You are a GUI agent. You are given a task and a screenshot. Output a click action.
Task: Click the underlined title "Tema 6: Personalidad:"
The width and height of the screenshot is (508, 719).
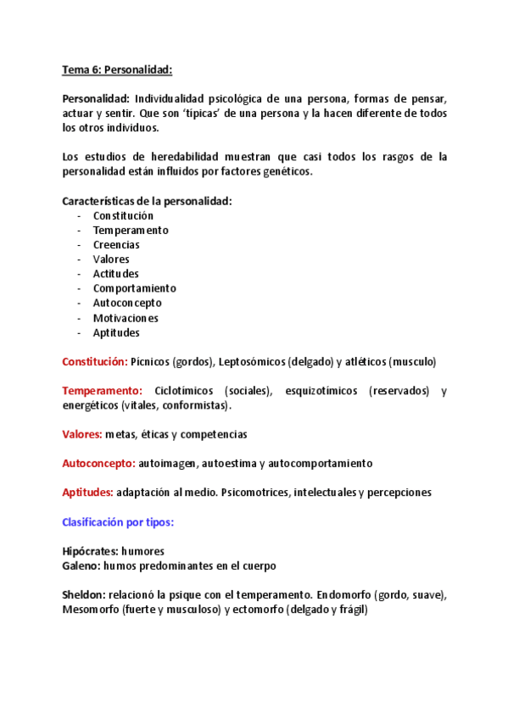point(117,70)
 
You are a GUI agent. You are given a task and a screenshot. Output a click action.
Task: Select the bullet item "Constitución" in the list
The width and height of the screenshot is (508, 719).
point(123,215)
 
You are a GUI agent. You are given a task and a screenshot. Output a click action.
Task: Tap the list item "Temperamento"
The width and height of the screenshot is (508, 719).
point(131,230)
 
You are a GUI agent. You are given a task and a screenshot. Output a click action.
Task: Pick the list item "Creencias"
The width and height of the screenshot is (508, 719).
point(116,245)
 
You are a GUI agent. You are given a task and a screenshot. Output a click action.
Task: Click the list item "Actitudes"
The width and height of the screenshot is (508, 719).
point(115,274)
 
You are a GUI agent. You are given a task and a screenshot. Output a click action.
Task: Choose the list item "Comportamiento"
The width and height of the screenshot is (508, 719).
point(134,288)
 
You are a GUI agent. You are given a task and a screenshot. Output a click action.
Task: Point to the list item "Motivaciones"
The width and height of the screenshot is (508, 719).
point(126,318)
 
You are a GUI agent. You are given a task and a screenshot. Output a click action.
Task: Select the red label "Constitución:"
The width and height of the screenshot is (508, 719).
point(95,362)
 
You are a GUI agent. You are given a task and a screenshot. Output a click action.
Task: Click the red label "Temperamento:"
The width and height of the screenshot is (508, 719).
point(102,391)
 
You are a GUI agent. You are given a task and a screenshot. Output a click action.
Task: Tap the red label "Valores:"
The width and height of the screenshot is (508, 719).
point(82,434)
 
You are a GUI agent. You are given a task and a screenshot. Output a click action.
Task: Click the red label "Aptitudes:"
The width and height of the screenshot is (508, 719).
point(87,493)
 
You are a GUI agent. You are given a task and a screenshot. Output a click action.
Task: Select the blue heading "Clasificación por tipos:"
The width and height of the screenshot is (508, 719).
point(118,522)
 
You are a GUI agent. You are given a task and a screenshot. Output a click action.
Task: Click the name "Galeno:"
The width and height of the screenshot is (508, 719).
point(81,566)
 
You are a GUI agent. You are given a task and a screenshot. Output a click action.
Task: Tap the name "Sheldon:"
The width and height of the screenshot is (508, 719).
point(83,595)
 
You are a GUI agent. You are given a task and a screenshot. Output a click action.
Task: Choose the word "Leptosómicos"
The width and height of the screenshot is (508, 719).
point(251,362)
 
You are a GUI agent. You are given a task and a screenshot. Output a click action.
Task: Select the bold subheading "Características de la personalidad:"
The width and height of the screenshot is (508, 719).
point(147,201)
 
